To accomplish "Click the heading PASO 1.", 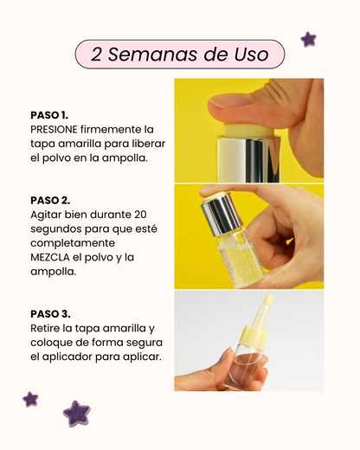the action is tap(49, 115).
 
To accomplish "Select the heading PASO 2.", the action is tap(50, 200).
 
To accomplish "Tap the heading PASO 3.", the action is tap(50, 314).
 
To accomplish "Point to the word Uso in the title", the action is tap(251, 55).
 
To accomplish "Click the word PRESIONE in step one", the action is tap(54, 130).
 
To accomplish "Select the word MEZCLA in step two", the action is tap(50, 257).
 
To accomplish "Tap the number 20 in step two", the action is tap(140, 215).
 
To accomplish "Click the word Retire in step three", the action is tap(44, 328).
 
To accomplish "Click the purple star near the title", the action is tap(308, 39).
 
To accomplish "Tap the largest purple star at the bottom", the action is tap(77, 413).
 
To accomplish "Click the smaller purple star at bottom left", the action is tap(30, 399).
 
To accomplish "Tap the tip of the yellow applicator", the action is tap(269, 299).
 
